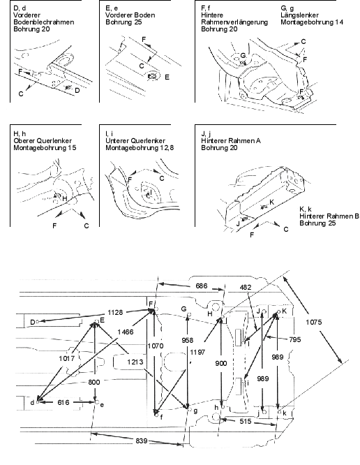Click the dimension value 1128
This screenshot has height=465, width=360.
coord(115,313)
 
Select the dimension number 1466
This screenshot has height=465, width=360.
coord(126,332)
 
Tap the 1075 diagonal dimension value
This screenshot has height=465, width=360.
coord(314,322)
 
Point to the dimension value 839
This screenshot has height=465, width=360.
coord(142,441)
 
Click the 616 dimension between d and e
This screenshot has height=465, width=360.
coord(63,402)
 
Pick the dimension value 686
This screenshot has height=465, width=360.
coord(202,286)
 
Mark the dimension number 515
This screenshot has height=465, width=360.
coord(246,422)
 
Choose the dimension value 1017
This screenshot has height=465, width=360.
coord(66,359)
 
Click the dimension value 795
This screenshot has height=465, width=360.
coord(295,339)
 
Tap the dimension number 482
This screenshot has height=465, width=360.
coord(246,288)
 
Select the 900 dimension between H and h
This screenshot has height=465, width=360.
coord(220,364)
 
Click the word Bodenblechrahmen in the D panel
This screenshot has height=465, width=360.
coord(44,22)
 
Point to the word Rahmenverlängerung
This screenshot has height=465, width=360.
coord(234,22)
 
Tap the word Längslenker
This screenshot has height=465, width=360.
coord(299,15)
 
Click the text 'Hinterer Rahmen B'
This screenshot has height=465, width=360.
coord(329,216)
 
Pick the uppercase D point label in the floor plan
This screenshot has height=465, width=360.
coord(33,322)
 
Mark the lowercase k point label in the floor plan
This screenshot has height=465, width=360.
coord(285,413)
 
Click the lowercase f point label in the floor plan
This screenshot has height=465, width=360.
coord(161,418)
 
